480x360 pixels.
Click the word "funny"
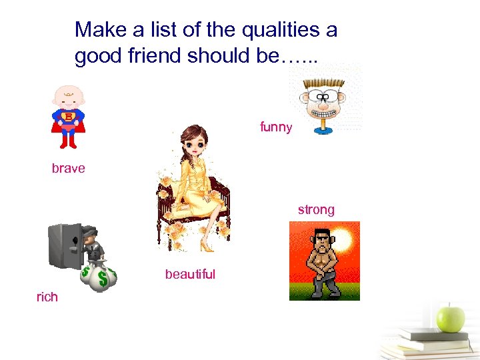coord(276,127)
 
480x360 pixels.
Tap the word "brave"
coord(69,168)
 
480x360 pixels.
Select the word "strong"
coord(316,209)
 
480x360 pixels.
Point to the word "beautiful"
coord(190,274)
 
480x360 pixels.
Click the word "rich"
coord(47,297)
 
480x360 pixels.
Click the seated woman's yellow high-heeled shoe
coord(209,247)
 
